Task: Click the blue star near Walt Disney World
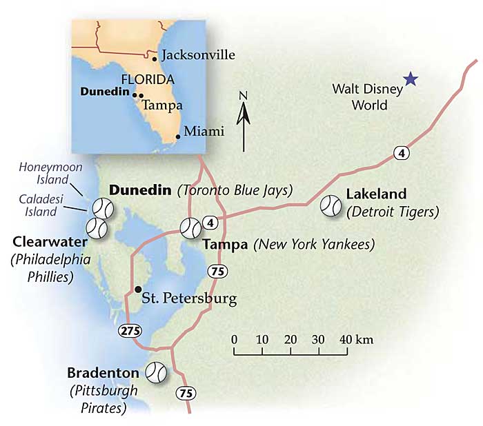411,79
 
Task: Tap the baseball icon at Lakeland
331,205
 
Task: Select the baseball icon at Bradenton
157,373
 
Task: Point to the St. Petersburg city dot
139,289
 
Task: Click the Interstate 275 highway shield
129,329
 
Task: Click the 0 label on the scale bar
235,340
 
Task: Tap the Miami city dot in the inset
178,136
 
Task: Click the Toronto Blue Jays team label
235,190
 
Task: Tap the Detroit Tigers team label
393,212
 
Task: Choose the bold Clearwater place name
49,243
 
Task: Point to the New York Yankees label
314,244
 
